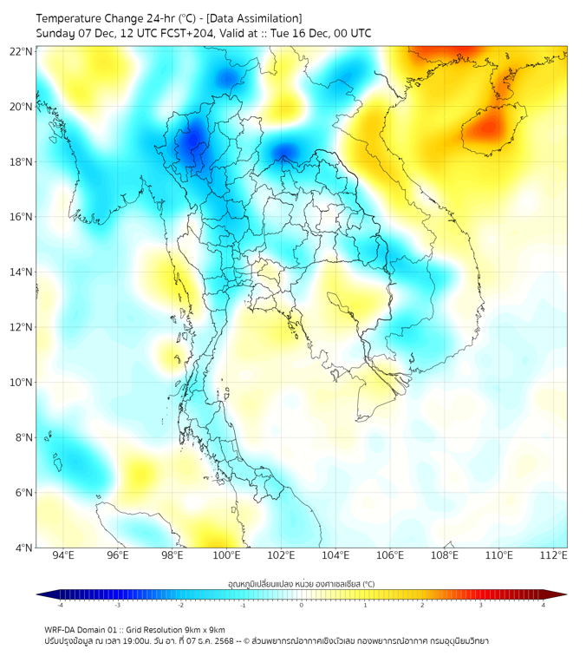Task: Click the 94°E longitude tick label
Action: tap(63, 556)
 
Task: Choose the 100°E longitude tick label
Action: tap(227, 556)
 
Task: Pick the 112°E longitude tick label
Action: tap(554, 556)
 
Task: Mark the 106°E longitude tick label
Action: tap(390, 556)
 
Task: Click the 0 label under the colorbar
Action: tap(302, 605)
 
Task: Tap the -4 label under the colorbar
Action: tap(59, 605)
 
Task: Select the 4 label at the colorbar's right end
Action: tap(544, 605)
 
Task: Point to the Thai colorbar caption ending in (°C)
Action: tap(301, 584)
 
